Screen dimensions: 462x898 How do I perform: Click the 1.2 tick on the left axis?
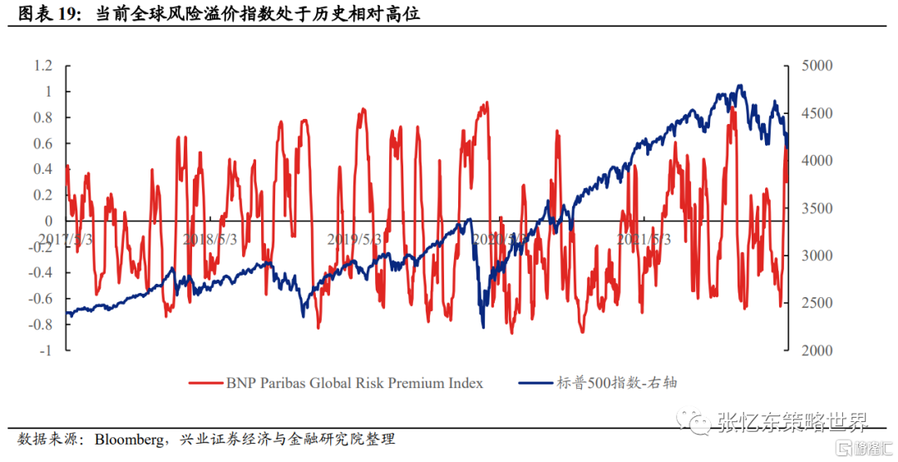point(42,66)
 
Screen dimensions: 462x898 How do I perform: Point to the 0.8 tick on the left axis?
point(42,117)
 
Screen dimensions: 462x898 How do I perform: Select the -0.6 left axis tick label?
point(39,299)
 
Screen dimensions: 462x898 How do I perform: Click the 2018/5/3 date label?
point(210,239)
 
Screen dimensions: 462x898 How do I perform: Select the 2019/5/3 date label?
point(354,239)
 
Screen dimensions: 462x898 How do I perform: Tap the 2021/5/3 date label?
point(643,239)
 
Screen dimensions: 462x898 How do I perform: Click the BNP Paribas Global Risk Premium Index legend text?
point(354,383)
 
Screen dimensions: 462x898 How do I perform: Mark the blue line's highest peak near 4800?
point(739,85)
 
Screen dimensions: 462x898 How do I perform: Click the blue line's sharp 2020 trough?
point(483,326)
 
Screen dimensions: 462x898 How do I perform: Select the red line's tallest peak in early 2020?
point(486,103)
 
